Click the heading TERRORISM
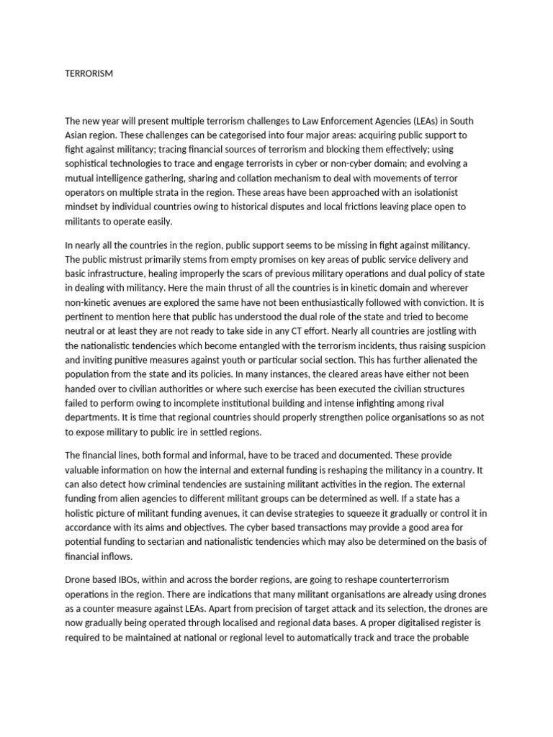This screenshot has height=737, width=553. tap(89, 73)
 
